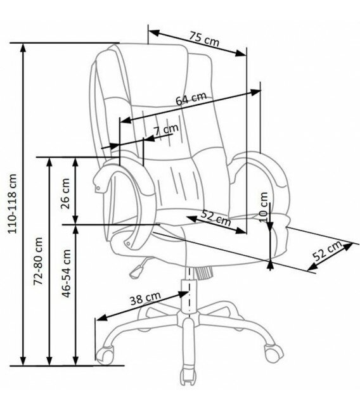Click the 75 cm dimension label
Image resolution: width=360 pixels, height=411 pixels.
[205, 39]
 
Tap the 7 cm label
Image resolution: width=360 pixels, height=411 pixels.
[166, 130]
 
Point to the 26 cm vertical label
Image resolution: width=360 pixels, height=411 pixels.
[65, 193]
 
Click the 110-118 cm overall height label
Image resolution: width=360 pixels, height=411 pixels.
[13, 204]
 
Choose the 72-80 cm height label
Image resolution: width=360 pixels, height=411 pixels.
[38, 261]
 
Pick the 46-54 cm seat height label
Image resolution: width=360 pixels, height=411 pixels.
[66, 274]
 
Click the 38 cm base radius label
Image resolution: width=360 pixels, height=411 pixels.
[145, 298]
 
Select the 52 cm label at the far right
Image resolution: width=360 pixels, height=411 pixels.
[328, 251]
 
